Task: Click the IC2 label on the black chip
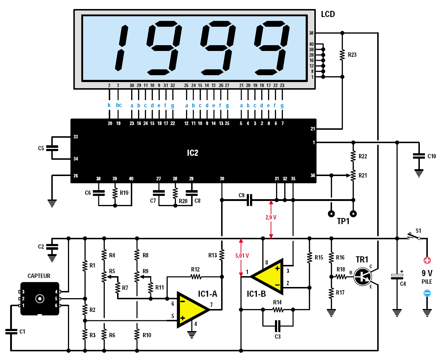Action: click(x=193, y=153)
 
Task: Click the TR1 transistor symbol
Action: click(x=362, y=277)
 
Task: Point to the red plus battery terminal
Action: click(x=427, y=260)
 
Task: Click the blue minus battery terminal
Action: click(x=427, y=293)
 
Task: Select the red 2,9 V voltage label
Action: click(x=271, y=218)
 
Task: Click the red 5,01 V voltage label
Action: click(x=242, y=256)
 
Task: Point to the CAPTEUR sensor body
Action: click(x=39, y=299)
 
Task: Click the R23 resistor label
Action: click(x=352, y=55)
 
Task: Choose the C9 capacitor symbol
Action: click(x=249, y=200)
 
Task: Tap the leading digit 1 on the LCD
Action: click(x=121, y=48)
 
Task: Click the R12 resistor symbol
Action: click(x=195, y=277)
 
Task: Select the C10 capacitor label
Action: click(x=431, y=157)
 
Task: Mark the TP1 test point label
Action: click(x=343, y=222)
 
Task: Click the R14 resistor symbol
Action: click(x=277, y=309)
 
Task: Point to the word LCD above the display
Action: click(x=328, y=14)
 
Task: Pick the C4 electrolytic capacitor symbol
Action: click(x=397, y=277)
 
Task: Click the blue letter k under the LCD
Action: click(x=109, y=105)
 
